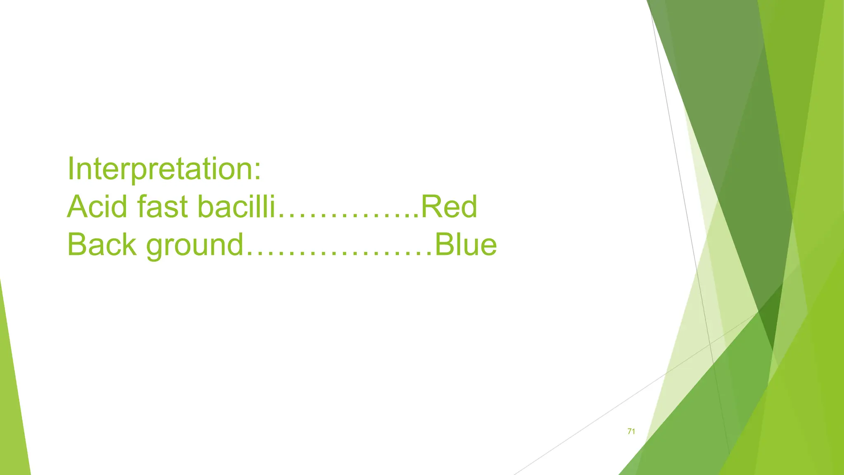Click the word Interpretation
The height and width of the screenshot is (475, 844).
161,169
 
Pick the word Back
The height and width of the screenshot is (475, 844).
101,245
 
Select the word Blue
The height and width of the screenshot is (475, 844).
466,245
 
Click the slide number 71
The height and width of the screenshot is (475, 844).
631,431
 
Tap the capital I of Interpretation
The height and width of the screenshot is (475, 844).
71,169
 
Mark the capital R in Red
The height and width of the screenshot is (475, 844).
430,207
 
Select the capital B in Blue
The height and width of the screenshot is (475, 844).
445,245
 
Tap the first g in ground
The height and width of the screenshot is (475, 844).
156,247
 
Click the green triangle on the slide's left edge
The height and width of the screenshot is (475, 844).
12,412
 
